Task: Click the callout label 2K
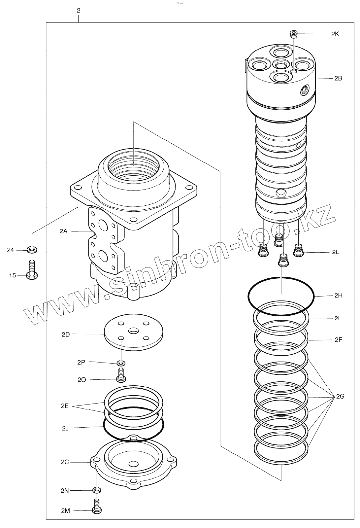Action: (335, 34)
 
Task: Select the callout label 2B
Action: (338, 78)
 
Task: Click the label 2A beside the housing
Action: (63, 231)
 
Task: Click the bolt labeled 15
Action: (32, 272)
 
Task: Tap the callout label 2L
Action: (336, 252)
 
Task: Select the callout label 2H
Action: (338, 296)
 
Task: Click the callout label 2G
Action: (340, 397)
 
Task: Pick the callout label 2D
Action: (66, 334)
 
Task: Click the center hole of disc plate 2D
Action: (134, 331)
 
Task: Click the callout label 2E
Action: (65, 406)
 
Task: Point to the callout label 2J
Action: (65, 428)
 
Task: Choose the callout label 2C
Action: (65, 462)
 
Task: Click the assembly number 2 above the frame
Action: (79, 11)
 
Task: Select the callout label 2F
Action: (338, 339)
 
